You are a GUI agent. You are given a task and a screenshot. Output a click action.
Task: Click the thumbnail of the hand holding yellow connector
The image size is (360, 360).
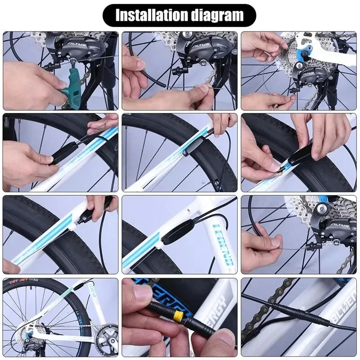pos(179,317)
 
